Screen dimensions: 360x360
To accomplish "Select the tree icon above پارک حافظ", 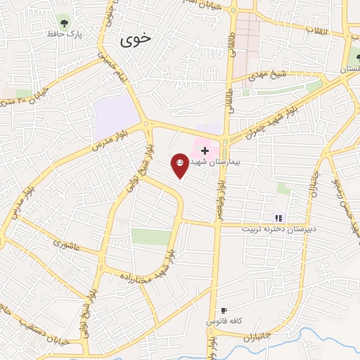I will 65,22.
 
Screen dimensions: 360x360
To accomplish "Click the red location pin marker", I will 180,166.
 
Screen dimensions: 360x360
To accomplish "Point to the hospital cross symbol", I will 205,150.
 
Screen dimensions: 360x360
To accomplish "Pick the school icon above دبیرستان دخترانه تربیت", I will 278,217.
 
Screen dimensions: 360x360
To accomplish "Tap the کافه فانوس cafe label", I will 224,321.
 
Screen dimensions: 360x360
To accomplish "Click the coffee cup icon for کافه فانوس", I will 224,310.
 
